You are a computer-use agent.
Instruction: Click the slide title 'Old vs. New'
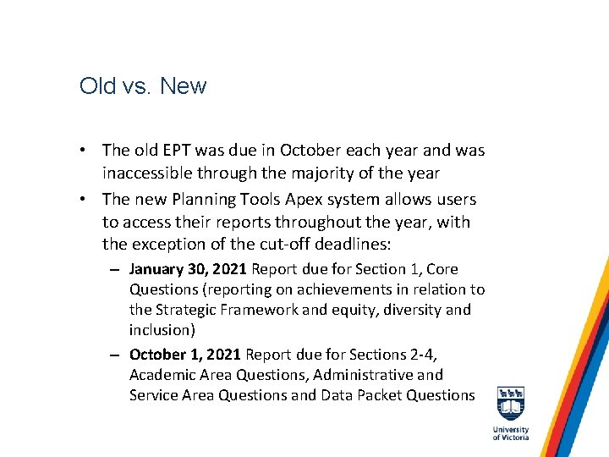click(142, 86)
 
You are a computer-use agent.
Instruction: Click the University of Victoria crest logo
click(510, 404)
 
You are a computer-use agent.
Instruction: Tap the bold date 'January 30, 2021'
click(187, 269)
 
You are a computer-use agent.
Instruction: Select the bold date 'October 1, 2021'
click(183, 354)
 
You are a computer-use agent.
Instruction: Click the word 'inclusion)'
click(164, 330)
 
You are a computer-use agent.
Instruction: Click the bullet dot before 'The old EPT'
click(86, 151)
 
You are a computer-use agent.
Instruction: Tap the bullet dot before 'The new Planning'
click(86, 200)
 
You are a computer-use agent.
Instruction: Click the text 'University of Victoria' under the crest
click(510, 433)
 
